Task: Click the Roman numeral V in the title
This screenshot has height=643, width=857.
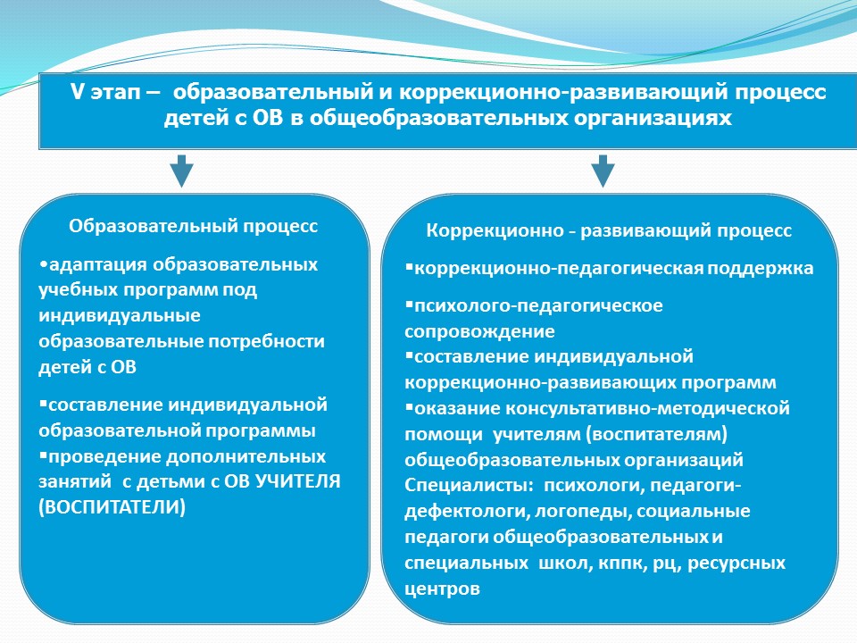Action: [77, 92]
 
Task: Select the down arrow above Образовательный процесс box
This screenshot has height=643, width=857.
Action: [181, 171]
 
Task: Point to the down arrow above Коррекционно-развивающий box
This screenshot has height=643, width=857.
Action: [603, 171]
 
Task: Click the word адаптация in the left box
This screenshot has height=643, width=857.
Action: [98, 265]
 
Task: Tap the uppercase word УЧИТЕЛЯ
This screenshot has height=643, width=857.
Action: [298, 481]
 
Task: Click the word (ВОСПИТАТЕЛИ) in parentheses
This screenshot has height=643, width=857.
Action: [112, 507]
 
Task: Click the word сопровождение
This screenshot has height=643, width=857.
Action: [479, 331]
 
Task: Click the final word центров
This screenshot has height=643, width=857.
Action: [442, 589]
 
